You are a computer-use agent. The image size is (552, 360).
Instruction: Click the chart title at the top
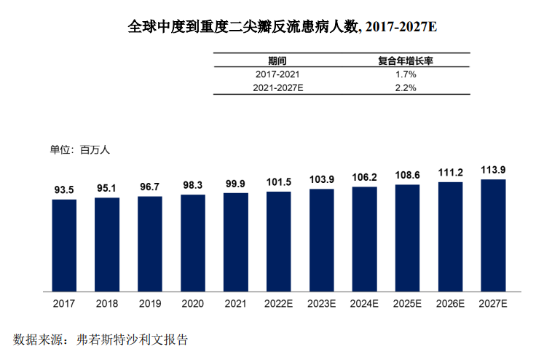click(x=282, y=27)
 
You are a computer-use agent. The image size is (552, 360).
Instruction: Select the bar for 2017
click(x=64, y=245)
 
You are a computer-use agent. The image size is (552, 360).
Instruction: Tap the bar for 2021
click(x=235, y=242)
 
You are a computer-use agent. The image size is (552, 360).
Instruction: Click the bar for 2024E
click(x=364, y=239)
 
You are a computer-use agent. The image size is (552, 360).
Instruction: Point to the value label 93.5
click(x=64, y=190)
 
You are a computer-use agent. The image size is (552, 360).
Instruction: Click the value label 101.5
click(x=278, y=182)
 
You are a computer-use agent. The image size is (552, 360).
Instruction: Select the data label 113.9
click(x=493, y=170)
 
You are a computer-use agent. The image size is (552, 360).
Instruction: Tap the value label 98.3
click(x=192, y=185)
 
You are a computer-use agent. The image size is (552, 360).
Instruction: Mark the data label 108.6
click(x=407, y=176)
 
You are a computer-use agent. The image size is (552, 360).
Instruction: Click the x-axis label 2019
click(x=149, y=303)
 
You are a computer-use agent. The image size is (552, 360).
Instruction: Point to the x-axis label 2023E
click(x=321, y=303)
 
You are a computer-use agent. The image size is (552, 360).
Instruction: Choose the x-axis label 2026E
click(x=450, y=303)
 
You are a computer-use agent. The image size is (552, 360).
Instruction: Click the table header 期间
click(x=277, y=61)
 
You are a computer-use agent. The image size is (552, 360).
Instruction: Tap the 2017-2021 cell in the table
click(x=277, y=74)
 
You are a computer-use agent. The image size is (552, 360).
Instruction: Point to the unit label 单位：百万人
click(x=79, y=150)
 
